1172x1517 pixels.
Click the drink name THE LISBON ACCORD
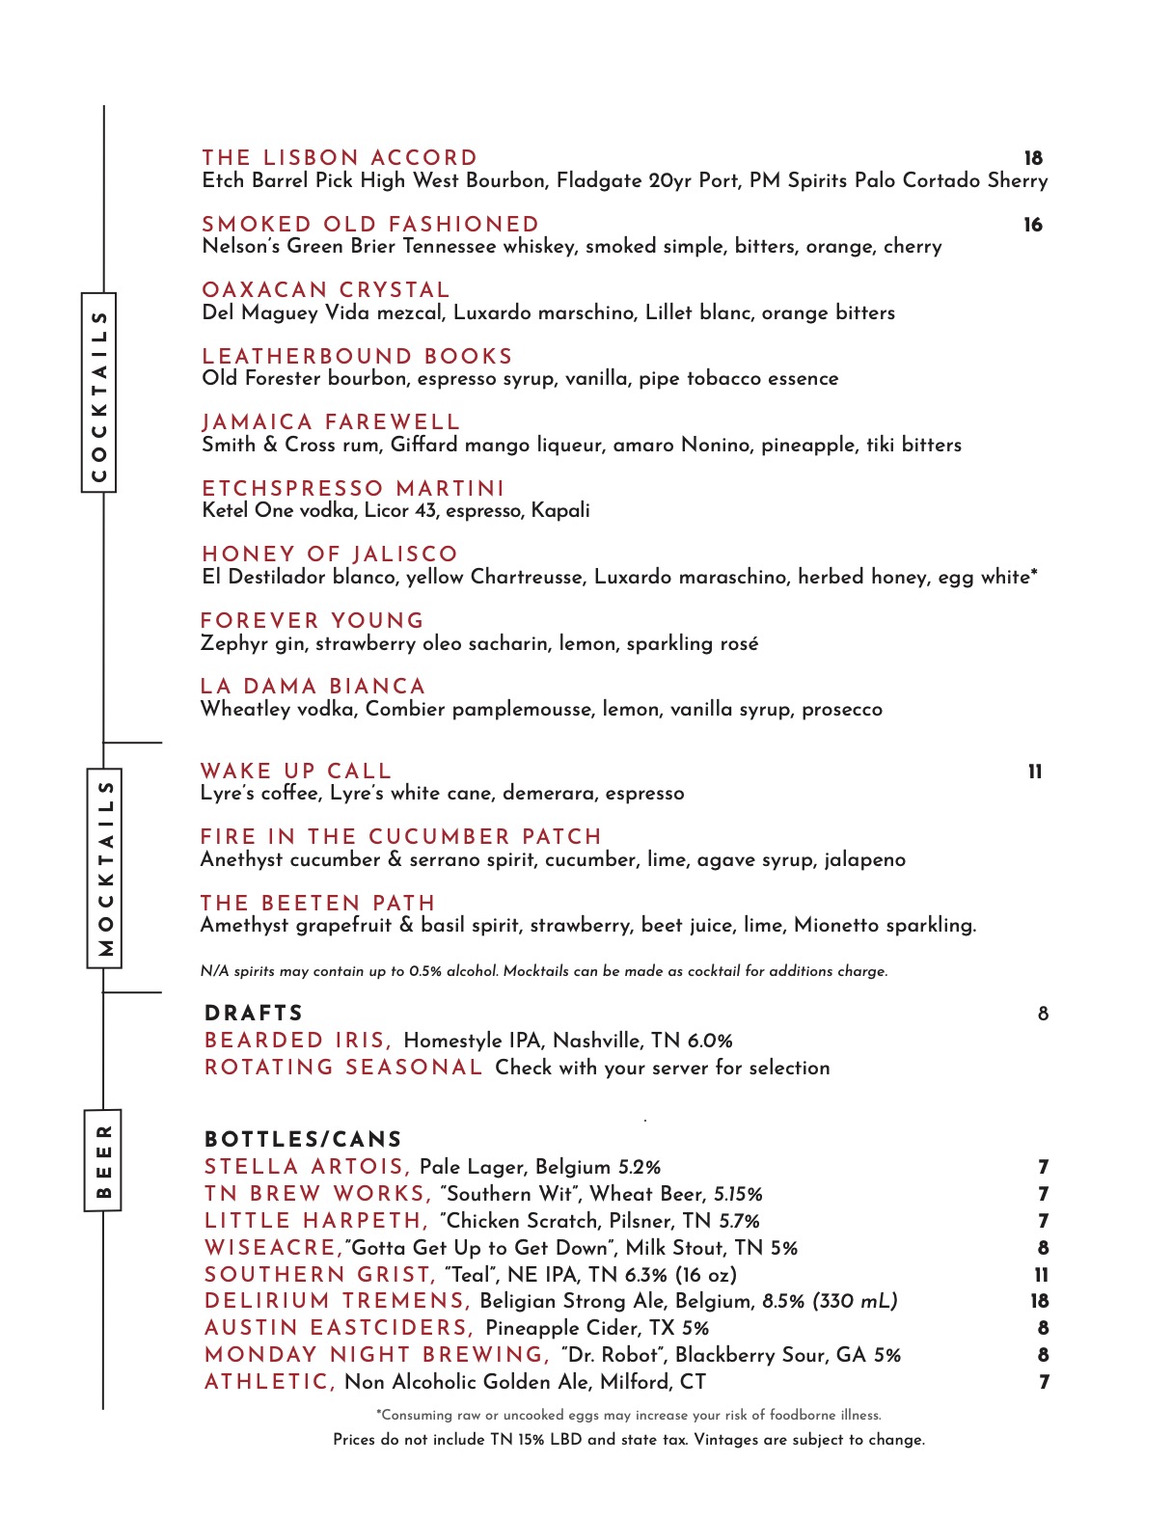tap(340, 158)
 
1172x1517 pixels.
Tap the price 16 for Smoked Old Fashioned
tap(1033, 225)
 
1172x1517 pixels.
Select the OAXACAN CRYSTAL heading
tap(326, 290)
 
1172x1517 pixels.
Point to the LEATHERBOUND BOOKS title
tap(357, 357)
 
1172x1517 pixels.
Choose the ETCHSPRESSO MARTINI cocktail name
tap(353, 489)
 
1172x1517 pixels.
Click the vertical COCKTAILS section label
tap(98, 393)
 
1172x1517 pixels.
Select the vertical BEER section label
tap(103, 1160)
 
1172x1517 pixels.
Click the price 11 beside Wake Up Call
tap(1035, 772)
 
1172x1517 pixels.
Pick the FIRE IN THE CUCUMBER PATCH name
tap(400, 837)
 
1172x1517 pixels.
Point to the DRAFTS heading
tap(254, 1014)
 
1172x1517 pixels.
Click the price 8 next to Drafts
tap(1043, 1014)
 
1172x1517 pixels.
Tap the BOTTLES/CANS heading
tap(303, 1140)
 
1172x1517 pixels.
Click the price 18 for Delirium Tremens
tap(1040, 1301)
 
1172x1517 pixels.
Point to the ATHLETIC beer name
tap(269, 1382)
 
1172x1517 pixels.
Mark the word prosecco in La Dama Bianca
tap(842, 710)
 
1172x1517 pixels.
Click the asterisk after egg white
tap(1034, 575)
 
